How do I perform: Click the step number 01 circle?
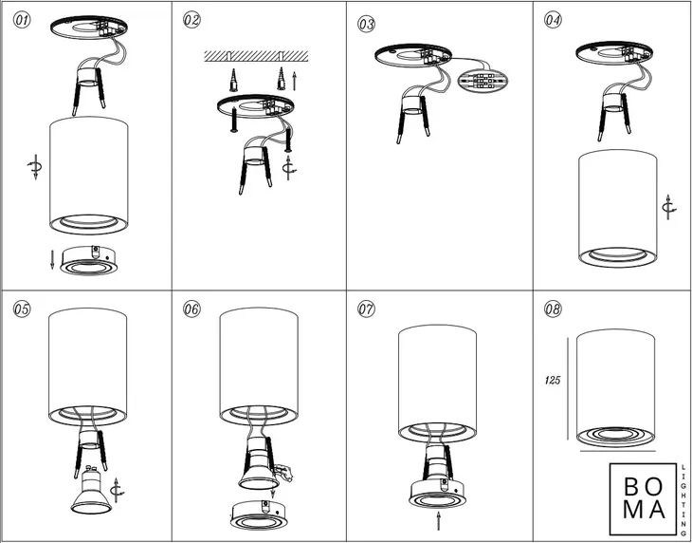(22, 20)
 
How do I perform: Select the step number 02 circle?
(191, 20)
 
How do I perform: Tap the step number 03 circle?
(366, 24)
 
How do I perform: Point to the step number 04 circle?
(553, 20)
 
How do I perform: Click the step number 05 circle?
(22, 309)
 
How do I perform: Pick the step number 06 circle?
(191, 309)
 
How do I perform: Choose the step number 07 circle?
(366, 309)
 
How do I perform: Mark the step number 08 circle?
(553, 309)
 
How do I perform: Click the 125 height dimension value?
(553, 380)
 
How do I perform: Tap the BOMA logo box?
(643, 498)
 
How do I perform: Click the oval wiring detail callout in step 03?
(483, 81)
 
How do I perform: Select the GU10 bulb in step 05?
(91, 490)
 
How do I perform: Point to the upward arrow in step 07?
(438, 520)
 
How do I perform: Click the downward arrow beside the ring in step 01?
(52, 259)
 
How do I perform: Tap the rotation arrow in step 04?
(669, 207)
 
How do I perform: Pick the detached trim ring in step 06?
(259, 515)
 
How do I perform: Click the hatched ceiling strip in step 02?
(256, 56)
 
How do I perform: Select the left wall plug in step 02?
(233, 80)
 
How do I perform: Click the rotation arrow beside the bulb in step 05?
(117, 490)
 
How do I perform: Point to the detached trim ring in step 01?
(89, 261)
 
